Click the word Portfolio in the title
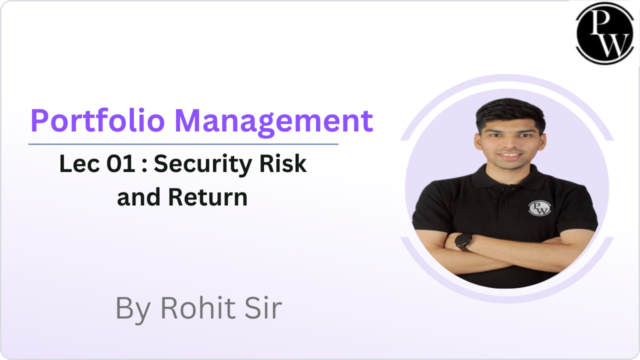[x=97, y=120]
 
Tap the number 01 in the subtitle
[x=121, y=163]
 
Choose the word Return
[x=207, y=197]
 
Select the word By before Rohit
[x=133, y=310]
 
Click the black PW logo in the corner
[x=605, y=33]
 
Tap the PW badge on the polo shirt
[x=539, y=208]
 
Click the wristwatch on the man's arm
[x=463, y=242]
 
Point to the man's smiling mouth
[x=510, y=156]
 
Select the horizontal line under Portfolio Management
[x=183, y=144]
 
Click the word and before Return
[x=138, y=197]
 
